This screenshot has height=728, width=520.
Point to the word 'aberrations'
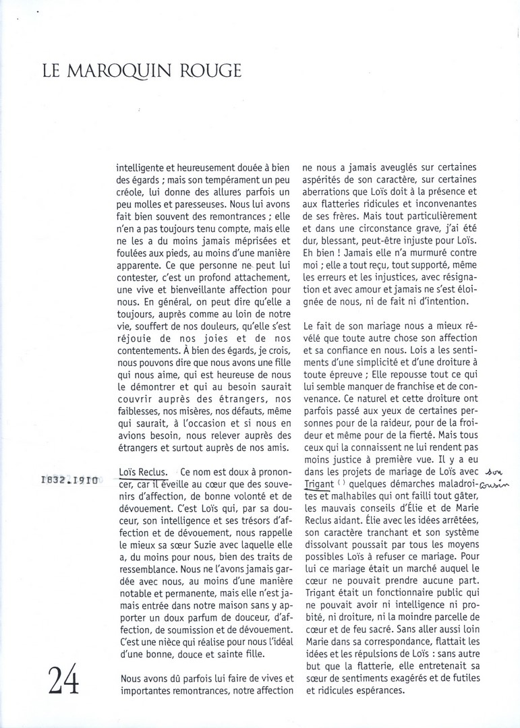click(330, 191)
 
